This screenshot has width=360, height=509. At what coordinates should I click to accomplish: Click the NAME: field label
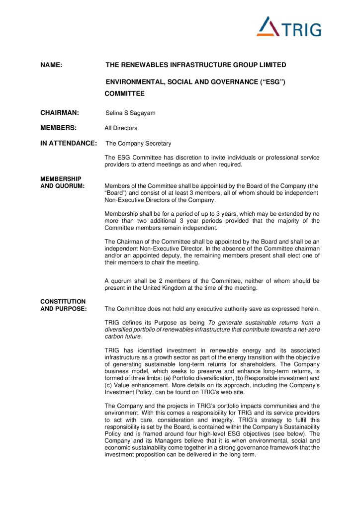pyautogui.click(x=51, y=65)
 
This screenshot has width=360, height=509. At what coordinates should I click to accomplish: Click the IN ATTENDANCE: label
pyautogui.click(x=68, y=144)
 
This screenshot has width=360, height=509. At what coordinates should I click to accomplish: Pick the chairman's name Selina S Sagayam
pyautogui.click(x=131, y=113)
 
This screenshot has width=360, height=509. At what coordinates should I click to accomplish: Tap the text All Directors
pyautogui.click(x=121, y=128)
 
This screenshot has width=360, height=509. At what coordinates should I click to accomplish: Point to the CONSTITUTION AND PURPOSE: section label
pyautogui.click(x=63, y=305)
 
